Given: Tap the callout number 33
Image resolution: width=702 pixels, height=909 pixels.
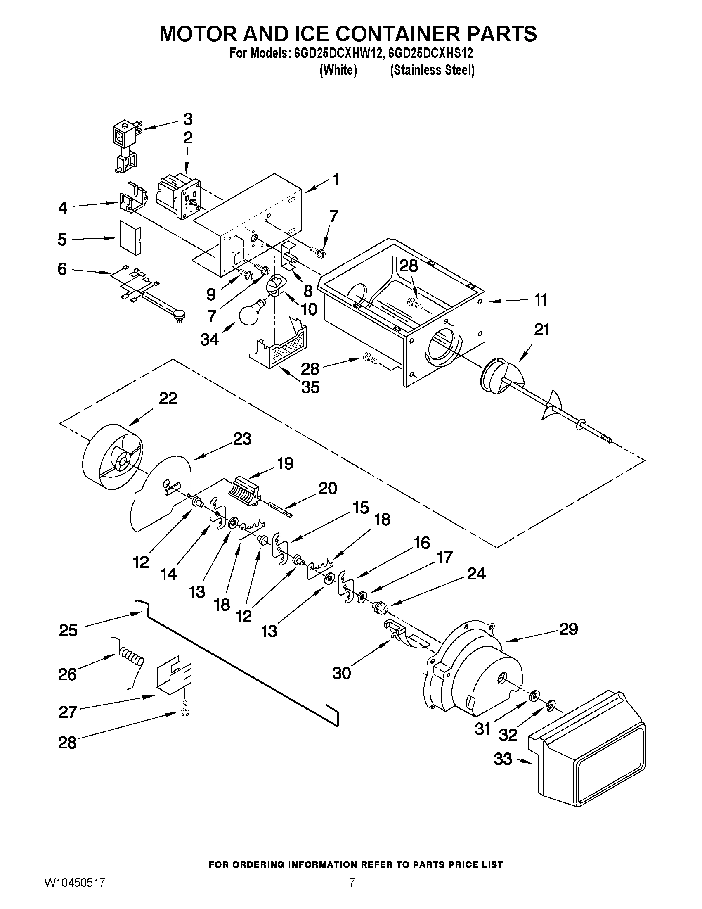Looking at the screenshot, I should (x=503, y=759).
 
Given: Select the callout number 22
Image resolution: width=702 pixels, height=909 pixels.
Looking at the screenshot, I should (x=168, y=398).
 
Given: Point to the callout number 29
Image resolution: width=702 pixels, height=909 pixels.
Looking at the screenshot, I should (x=569, y=629).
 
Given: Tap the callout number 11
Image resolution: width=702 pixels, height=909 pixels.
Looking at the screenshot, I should (x=541, y=300).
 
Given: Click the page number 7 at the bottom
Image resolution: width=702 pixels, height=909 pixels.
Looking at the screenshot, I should (x=352, y=892).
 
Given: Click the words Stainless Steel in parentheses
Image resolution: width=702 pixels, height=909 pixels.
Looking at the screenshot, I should (x=432, y=70).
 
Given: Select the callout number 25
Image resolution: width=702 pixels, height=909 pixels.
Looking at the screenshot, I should (x=68, y=630).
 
